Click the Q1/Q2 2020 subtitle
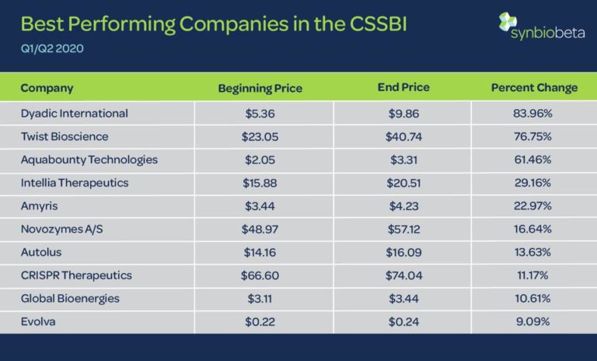[52, 48]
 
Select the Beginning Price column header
[260, 88]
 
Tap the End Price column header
[403, 87]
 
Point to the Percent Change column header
[534, 88]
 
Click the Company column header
[47, 87]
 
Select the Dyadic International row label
[74, 114]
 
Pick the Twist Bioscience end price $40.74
[403, 137]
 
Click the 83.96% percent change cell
[534, 114]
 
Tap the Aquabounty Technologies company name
[89, 159]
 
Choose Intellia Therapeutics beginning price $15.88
[260, 183]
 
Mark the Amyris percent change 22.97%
[534, 206]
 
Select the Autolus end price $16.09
[403, 252]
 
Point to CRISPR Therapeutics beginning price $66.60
[260, 275]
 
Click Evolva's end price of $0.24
[403, 321]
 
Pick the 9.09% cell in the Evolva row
[534, 321]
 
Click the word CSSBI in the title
[377, 24]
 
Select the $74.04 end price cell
[403, 275]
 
